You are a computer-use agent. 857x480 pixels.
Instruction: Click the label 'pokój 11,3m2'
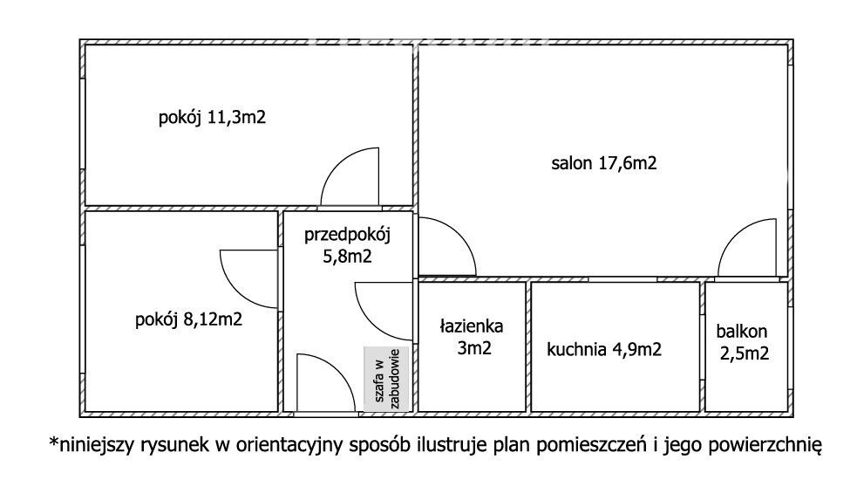coord(212,118)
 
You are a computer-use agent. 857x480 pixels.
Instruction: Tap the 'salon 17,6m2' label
coord(603,162)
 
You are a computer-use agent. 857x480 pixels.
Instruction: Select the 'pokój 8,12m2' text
coord(188,319)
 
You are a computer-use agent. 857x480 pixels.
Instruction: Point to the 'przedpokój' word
coord(348,234)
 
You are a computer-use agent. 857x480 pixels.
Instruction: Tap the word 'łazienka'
coord(471,327)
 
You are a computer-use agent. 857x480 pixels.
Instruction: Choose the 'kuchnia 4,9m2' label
coord(604,350)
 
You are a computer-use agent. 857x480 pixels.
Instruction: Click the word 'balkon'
coord(742,332)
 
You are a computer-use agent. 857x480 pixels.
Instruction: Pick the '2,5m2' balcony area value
coord(745,353)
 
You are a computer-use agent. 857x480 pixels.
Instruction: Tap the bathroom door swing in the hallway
coord(384,312)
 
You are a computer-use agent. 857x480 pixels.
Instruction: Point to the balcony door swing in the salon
coord(747,249)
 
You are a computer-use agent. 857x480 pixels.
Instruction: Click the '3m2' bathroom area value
coord(472,349)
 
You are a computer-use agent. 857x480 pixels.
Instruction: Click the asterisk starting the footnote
coord(53,445)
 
